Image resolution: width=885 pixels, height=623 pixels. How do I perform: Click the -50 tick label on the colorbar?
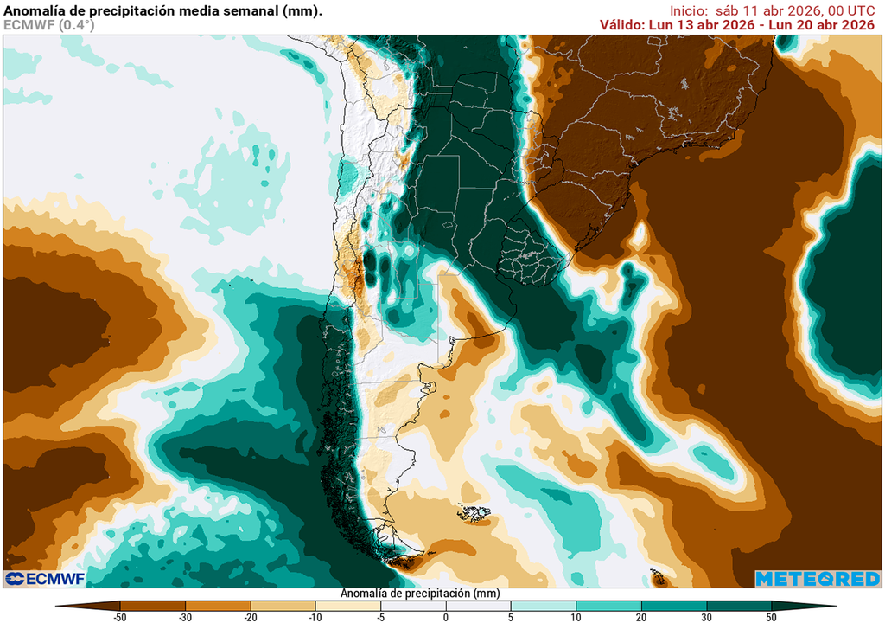(120, 618)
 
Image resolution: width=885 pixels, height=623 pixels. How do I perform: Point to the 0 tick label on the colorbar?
(446, 618)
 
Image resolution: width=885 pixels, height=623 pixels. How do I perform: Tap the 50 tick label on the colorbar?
(771, 618)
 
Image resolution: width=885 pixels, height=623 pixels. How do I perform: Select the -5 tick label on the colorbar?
(381, 618)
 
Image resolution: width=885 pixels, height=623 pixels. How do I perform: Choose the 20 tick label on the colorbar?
(641, 618)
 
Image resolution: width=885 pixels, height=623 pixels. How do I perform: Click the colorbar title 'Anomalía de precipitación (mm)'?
(420, 594)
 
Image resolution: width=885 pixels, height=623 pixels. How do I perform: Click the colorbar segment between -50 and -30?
(153, 606)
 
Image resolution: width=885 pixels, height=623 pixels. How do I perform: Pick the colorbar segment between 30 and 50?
(739, 606)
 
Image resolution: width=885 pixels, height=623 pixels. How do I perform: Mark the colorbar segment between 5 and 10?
(544, 606)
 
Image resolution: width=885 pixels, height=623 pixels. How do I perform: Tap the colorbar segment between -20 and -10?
(283, 606)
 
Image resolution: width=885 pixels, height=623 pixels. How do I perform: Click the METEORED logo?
(818, 578)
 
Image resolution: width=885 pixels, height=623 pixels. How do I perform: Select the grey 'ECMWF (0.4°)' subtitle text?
(49, 25)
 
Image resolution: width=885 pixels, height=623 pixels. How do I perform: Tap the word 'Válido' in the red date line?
(622, 25)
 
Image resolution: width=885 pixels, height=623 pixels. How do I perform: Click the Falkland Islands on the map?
(474, 515)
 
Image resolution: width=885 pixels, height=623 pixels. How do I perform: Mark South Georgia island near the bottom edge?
(656, 575)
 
